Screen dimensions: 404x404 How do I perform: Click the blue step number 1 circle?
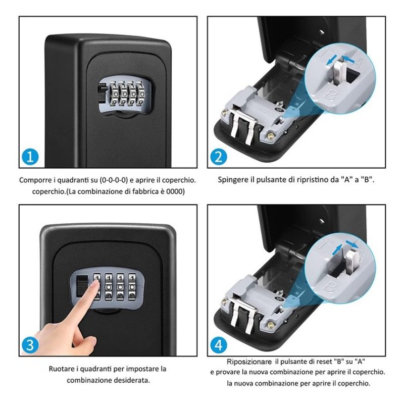pos(30,157)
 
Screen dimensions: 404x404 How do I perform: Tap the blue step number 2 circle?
pos(219,157)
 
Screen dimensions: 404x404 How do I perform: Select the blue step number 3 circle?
pos(30,345)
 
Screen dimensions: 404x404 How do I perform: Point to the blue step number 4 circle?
pos(219,345)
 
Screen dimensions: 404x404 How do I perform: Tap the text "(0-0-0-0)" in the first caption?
pos(114,180)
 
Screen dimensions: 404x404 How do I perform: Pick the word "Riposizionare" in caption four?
pos(249,362)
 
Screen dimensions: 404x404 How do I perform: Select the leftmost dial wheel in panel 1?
pos(113,94)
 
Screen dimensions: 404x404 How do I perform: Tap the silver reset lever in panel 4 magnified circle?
pos(351,263)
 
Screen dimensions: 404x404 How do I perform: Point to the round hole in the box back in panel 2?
pos(322,33)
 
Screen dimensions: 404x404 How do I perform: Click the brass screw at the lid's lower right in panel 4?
pos(270,325)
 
